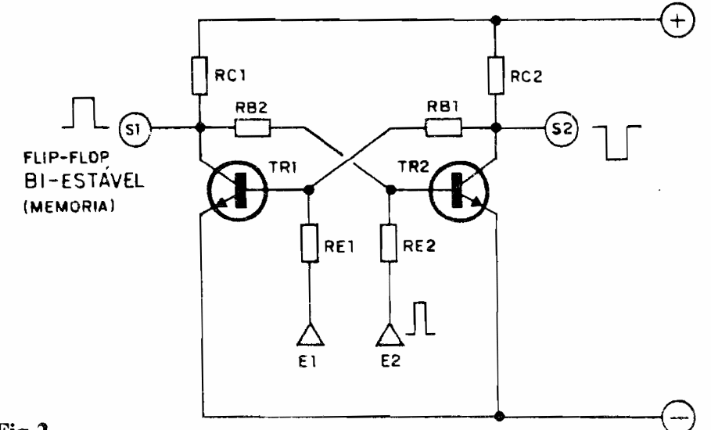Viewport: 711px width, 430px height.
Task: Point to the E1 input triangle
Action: tap(310, 335)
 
